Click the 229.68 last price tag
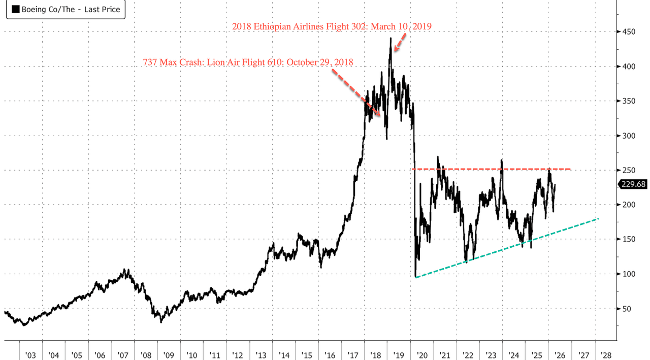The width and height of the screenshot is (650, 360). coord(633,184)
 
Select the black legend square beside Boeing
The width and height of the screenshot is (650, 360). coord(15,10)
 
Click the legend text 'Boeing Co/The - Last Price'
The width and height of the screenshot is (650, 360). coord(71,10)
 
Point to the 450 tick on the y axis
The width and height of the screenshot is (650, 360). coord(629,32)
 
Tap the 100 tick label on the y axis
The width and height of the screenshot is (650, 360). coord(629,274)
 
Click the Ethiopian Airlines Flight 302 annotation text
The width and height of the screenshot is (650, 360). coord(332,26)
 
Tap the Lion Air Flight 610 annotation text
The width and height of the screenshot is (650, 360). coord(248,62)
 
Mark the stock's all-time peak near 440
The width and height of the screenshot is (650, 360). coord(391,38)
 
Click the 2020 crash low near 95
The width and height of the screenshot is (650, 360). coord(415,277)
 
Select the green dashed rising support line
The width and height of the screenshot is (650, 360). coord(508,248)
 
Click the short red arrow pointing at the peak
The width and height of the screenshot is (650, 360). coord(400,43)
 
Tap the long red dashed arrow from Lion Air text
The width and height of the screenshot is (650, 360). coord(355,91)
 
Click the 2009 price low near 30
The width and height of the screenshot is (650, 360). coord(161,321)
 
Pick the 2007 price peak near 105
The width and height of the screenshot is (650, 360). coord(128,270)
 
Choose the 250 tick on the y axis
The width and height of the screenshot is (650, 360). coord(629,170)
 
